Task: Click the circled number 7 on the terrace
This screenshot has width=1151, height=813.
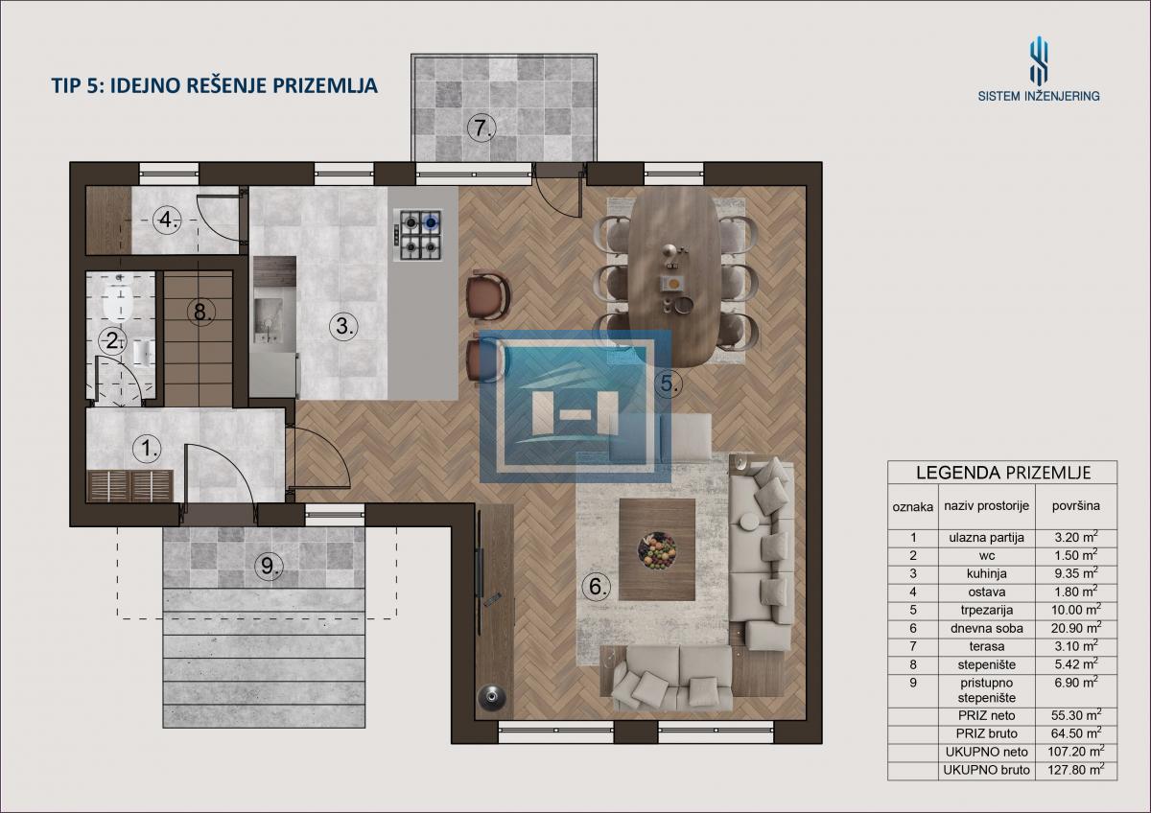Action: click(x=482, y=128)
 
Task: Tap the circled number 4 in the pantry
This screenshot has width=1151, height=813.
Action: click(x=168, y=220)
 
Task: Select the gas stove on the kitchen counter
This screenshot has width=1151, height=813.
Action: click(x=417, y=235)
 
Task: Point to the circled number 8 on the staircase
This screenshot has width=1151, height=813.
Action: click(x=200, y=312)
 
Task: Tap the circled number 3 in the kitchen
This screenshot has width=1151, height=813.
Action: click(x=343, y=325)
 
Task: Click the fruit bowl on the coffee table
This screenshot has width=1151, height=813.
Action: click(x=657, y=550)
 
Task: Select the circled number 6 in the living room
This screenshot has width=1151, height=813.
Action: click(x=596, y=586)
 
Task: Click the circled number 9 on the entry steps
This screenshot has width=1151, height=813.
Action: click(x=269, y=566)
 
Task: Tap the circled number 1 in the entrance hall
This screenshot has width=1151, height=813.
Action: click(x=147, y=449)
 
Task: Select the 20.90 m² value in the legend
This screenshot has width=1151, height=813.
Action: click(x=1076, y=628)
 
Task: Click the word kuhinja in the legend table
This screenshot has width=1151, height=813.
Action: click(x=987, y=573)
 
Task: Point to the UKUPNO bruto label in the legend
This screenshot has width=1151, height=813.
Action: click(x=987, y=770)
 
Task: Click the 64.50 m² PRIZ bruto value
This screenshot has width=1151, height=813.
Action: click(x=1076, y=732)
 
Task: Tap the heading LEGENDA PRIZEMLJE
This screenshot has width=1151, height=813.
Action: click(x=1003, y=473)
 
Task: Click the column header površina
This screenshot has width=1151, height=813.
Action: click(x=1076, y=506)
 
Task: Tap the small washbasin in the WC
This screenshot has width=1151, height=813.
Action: click(x=143, y=352)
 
